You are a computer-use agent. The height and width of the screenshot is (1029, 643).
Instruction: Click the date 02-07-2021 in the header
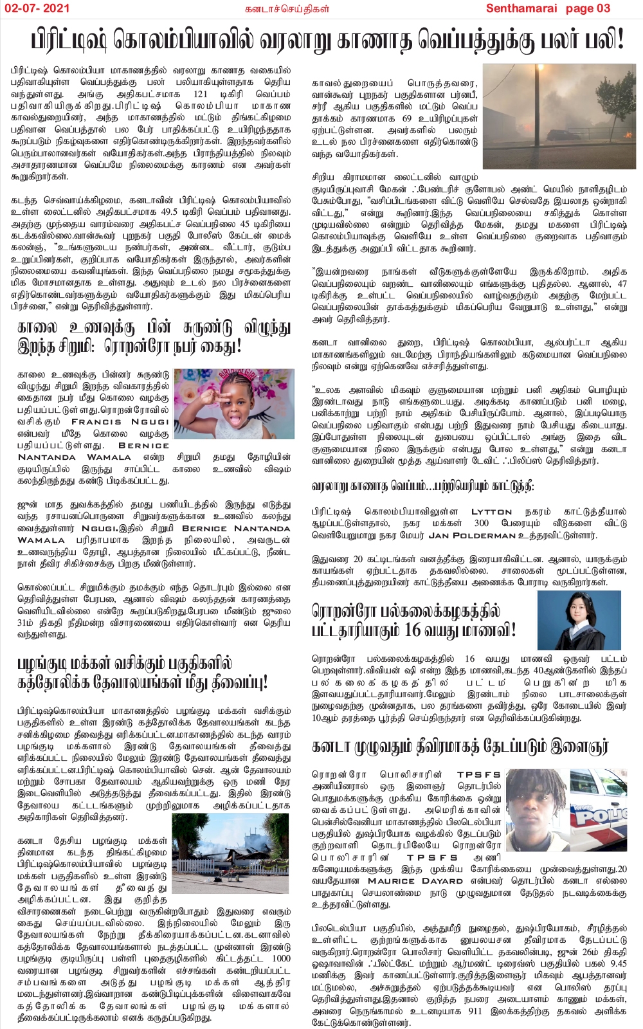click(37, 8)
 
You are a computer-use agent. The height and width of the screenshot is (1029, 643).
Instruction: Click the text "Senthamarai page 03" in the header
click(548, 8)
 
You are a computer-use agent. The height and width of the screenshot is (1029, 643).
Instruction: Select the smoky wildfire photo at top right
click(559, 116)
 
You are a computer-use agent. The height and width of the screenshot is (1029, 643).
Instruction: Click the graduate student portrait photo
click(579, 621)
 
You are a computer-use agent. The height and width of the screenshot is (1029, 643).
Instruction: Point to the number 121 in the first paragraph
click(201, 94)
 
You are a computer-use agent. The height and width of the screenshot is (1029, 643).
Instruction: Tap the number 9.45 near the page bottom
click(618, 963)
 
